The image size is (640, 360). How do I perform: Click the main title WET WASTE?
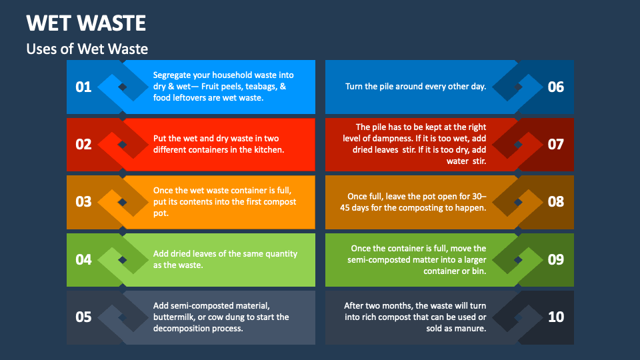86,23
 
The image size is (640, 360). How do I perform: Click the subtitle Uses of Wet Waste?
87,49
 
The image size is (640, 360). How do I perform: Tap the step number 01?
83,87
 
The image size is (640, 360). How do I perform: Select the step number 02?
83,144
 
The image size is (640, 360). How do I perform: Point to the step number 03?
83,201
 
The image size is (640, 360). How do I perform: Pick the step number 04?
83,259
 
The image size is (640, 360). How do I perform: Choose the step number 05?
83,317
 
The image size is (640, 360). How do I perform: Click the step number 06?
555,87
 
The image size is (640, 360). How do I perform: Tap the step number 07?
555,144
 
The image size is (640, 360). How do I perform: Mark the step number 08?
555,201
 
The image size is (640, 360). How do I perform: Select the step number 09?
555,259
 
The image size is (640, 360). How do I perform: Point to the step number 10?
555,317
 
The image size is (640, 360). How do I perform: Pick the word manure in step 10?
471,328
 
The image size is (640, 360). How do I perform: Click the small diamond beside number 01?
123,87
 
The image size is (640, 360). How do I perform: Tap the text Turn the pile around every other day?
415,87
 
